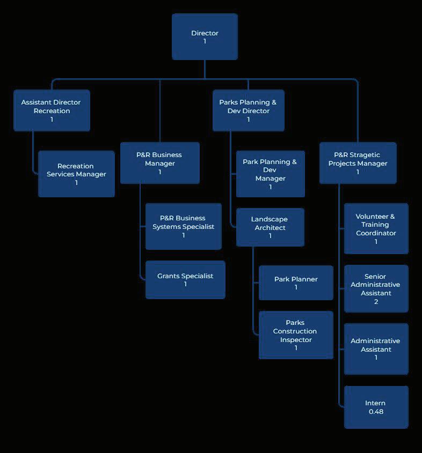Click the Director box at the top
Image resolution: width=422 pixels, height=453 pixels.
(205, 37)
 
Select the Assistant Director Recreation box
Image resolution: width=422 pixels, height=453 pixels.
(52, 110)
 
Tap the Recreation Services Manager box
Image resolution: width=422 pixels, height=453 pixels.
(76, 174)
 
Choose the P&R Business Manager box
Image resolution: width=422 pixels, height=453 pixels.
(159, 163)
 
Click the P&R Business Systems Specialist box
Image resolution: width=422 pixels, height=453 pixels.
(183, 226)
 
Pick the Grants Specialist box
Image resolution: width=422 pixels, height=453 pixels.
(185, 279)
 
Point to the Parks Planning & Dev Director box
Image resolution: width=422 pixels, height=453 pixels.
(248, 110)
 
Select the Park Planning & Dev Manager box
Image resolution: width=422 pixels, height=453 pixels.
(270, 174)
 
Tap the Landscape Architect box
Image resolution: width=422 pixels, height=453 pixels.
(270, 227)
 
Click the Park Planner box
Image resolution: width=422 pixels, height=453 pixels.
(296, 283)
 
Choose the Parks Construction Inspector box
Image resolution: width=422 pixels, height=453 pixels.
(296, 335)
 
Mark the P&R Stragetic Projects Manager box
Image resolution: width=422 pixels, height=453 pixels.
(358, 163)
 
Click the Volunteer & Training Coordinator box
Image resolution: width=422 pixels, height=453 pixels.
(376, 228)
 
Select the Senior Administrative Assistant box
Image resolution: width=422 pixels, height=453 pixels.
(376, 288)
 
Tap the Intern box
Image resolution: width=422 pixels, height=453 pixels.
(376, 407)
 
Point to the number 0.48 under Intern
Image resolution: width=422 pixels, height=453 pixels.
(376, 412)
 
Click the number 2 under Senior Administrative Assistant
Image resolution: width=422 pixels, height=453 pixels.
(376, 302)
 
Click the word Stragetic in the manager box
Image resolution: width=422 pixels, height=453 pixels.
(365, 155)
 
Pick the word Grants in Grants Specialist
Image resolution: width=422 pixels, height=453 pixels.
(169, 276)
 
